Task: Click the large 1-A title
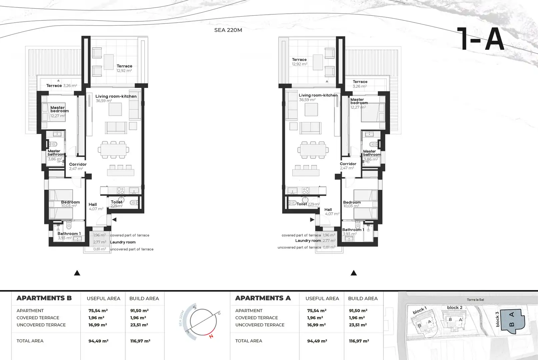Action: click(x=480, y=39)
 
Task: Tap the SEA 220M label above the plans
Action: click(x=228, y=30)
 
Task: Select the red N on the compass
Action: click(x=211, y=336)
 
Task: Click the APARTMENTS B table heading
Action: click(x=44, y=298)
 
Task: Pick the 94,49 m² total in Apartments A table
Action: click(x=317, y=341)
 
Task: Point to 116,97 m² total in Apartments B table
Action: click(x=140, y=341)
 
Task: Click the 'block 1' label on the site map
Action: click(x=420, y=310)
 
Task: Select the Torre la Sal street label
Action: click(x=475, y=300)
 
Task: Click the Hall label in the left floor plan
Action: click(x=93, y=204)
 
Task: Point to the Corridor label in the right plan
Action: click(x=348, y=164)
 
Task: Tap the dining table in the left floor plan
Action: click(x=113, y=150)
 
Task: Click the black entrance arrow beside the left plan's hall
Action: click(x=114, y=220)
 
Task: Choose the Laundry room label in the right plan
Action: click(x=308, y=241)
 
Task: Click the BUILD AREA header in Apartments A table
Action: click(x=363, y=299)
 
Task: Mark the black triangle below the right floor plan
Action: click(x=354, y=273)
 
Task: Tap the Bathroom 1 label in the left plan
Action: click(x=69, y=234)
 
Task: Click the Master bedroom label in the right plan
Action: click(x=359, y=101)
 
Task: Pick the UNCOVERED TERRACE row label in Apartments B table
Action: click(x=41, y=325)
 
